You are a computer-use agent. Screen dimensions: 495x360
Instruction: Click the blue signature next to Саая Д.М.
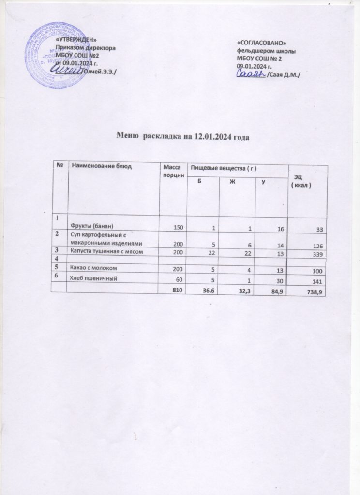[251, 73]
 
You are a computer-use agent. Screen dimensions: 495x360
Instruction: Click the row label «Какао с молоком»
[94, 268]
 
